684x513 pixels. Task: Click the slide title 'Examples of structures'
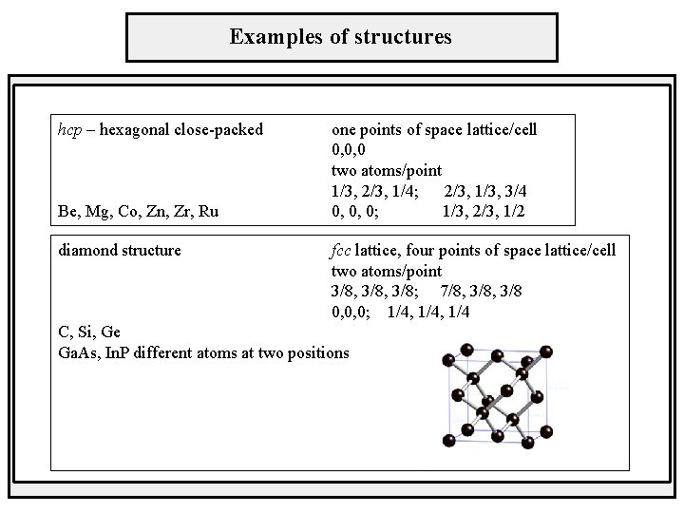[341, 37]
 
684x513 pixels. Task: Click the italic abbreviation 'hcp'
[69, 128]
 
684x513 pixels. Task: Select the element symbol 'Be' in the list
[68, 211]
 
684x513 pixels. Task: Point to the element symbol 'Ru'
[209, 211]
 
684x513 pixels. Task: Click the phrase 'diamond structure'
[120, 251]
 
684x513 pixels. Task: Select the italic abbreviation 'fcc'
[342, 251]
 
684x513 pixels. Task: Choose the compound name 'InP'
[121, 352]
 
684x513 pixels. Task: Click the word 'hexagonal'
[139, 128]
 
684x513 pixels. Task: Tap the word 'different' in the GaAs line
[168, 352]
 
